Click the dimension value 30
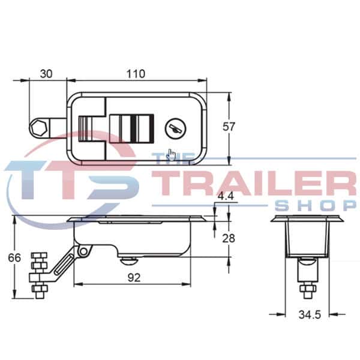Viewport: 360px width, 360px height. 46,74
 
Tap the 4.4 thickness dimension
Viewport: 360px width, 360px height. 226,196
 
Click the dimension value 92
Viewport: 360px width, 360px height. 132,277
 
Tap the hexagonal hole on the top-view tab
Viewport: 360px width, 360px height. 39,128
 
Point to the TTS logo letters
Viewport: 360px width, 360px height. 72,180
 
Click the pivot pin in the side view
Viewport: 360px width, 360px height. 85,249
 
